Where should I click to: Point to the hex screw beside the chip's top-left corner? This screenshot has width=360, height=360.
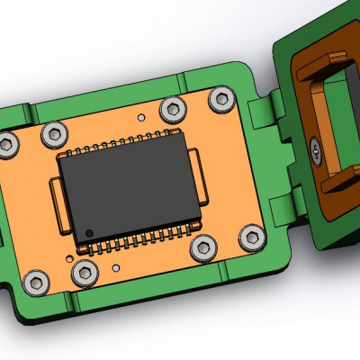[54, 135]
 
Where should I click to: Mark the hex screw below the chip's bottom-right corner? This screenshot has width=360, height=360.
[203, 246]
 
